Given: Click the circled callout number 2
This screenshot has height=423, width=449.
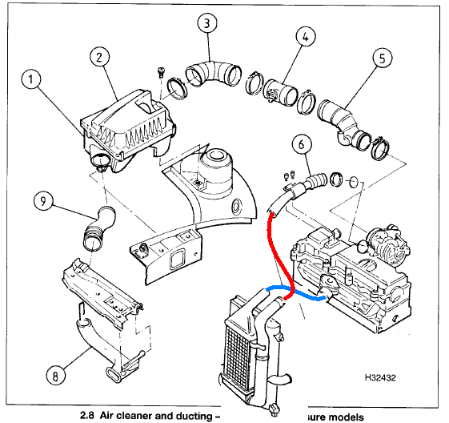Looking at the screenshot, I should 99,57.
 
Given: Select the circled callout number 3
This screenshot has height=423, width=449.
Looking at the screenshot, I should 207,24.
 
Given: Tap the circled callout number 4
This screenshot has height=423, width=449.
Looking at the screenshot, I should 305,36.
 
